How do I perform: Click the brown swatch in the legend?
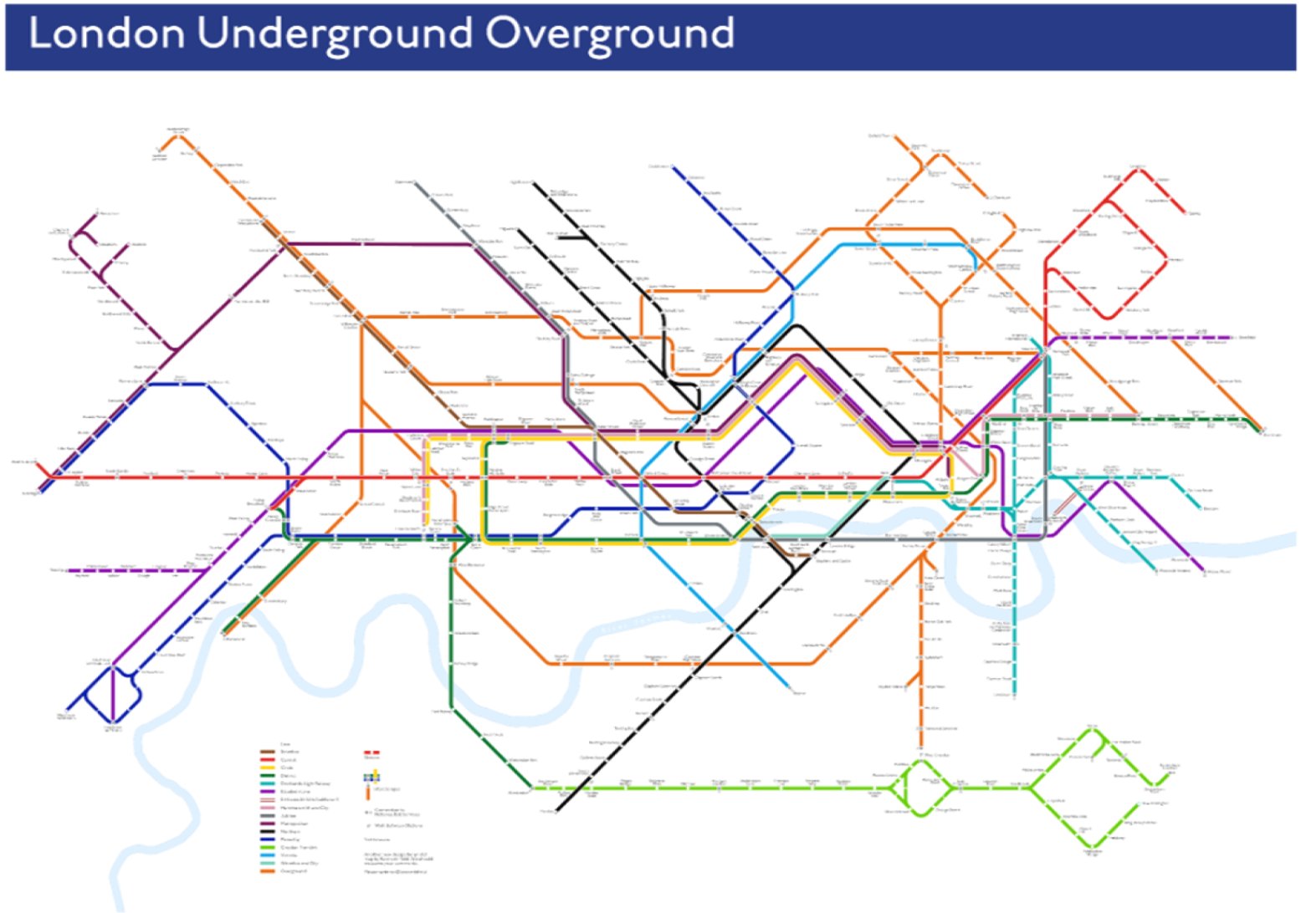(x=269, y=752)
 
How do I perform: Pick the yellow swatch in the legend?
(x=269, y=768)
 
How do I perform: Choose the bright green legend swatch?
(x=269, y=847)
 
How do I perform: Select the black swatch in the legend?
(x=269, y=831)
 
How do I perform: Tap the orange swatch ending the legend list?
(x=269, y=870)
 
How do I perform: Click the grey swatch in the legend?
(x=269, y=815)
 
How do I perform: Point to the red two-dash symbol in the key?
(x=371, y=752)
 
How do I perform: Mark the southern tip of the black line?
(x=558, y=809)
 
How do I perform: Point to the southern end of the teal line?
(x=1014, y=693)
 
